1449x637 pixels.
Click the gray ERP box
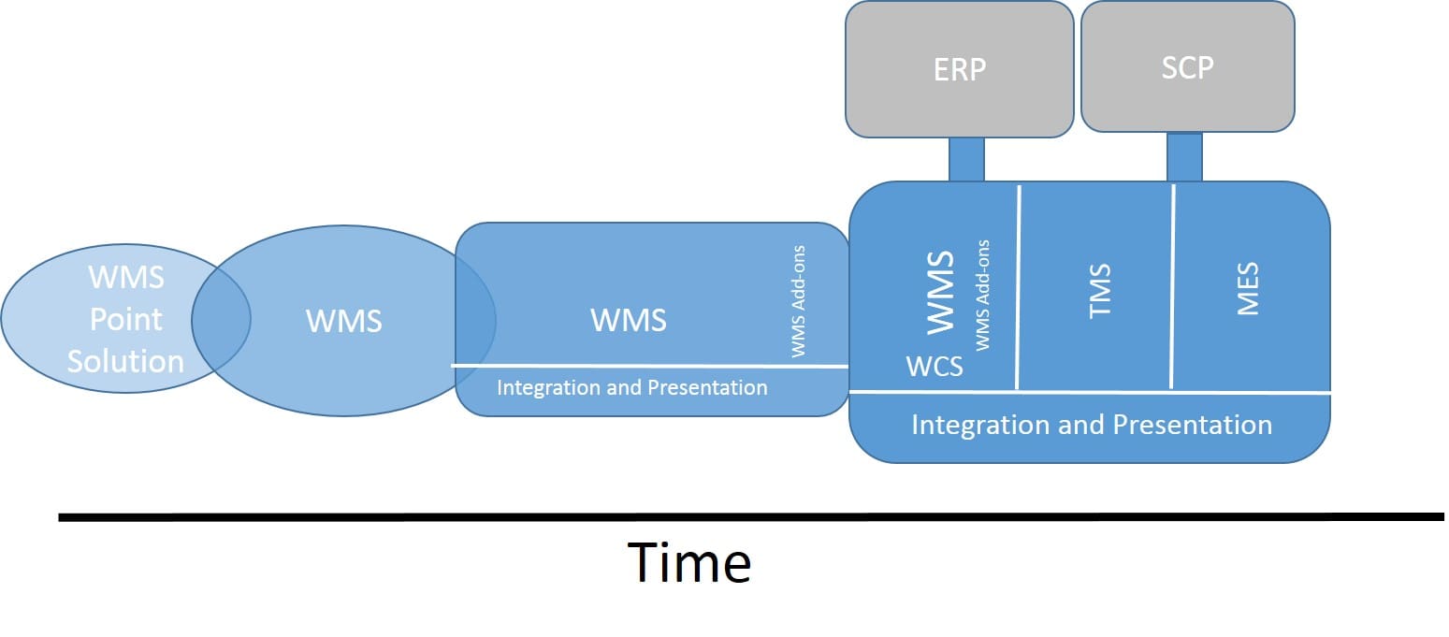[x=960, y=69]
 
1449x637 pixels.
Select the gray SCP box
[x=1188, y=66]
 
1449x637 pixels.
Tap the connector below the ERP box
[x=966, y=159]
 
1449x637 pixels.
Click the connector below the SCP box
[x=1184, y=157]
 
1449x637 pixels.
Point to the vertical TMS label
[x=1100, y=290]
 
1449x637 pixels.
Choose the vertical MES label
[x=1248, y=288]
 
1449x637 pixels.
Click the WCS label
[x=935, y=367]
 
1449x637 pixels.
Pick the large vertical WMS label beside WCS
[x=940, y=292]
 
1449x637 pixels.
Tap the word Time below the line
[x=689, y=562]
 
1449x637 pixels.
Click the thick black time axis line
[x=751, y=516]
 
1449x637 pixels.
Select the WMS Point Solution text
[x=126, y=319]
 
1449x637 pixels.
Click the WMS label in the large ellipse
[x=344, y=321]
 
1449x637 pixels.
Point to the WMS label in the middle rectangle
[x=629, y=320]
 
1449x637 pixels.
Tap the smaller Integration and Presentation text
[x=632, y=387]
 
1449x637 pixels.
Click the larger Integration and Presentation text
[x=1092, y=425]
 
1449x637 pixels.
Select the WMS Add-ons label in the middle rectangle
[x=798, y=301]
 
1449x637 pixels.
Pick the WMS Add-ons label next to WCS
[x=982, y=296]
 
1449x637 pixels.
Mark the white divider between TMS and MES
[x=1172, y=286]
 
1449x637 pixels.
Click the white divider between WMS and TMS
[x=1018, y=288]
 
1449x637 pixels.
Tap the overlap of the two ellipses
[x=221, y=319]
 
